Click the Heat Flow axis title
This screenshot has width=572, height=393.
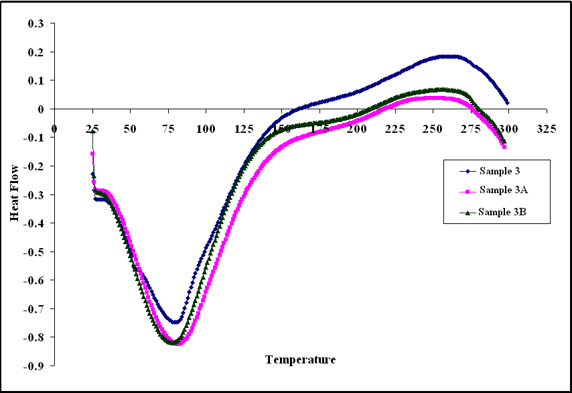[15, 194]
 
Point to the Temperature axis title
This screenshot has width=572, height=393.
[300, 360]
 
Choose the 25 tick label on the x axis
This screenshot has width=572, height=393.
[92, 129]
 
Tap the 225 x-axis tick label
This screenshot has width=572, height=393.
[387, 129]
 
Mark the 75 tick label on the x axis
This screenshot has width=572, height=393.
[168, 129]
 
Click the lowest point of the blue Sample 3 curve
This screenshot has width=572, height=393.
[174, 323]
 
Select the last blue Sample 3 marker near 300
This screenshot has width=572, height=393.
[507, 103]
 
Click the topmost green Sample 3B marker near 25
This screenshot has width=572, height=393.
[93, 131]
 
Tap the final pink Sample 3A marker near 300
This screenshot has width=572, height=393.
[504, 146]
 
